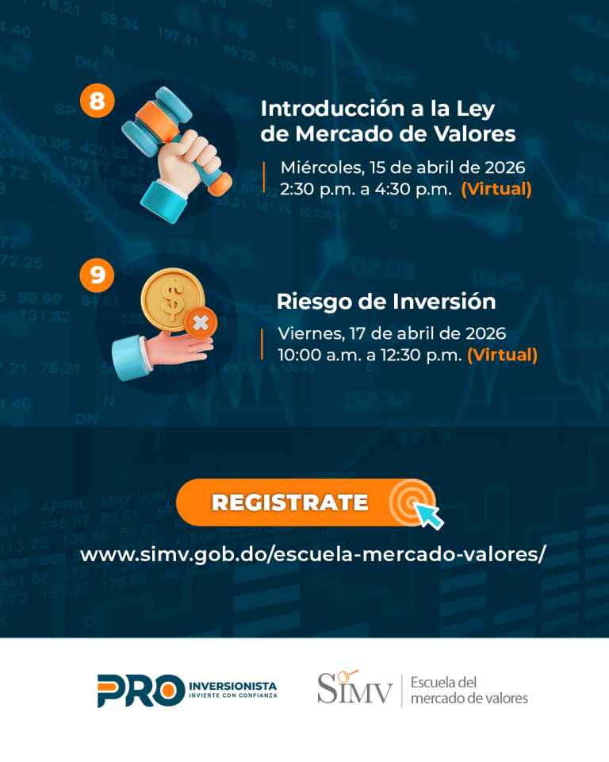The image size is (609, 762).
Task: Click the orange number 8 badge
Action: (97, 101)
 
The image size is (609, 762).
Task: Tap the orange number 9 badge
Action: (97, 275)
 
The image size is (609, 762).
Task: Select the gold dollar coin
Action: (172, 299)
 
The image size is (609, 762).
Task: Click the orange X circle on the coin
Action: (201, 323)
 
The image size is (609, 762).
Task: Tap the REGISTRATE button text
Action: (290, 502)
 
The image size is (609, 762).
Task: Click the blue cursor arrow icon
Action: (429, 515)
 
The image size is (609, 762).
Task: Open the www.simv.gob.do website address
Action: (313, 555)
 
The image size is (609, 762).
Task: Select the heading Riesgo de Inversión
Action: (386, 302)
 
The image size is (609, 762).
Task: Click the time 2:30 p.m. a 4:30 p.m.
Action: (366, 189)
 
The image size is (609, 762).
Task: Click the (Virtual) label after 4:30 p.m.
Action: (496, 189)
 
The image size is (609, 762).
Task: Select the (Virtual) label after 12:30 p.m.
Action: (502, 356)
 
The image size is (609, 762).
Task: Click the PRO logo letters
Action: (141, 691)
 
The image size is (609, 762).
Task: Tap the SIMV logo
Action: (354, 687)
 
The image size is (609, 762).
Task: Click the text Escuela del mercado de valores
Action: (469, 690)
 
